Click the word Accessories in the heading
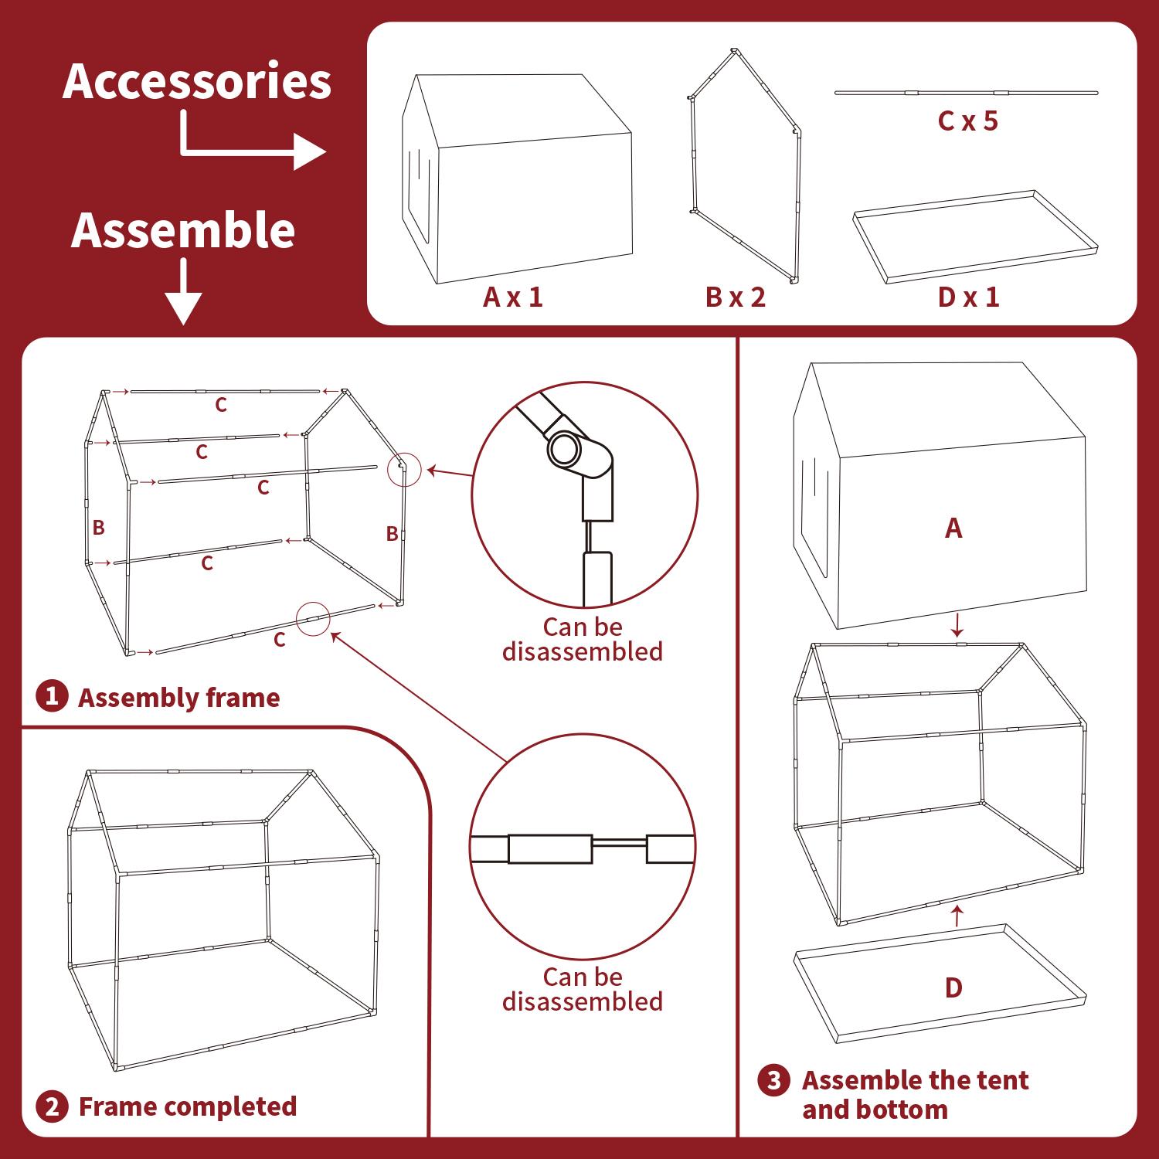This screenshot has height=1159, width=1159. click(197, 82)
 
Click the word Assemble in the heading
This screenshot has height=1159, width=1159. click(183, 230)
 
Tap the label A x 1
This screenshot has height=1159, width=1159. click(513, 297)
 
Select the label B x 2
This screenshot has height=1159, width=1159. click(736, 297)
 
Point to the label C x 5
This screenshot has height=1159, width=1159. click(968, 121)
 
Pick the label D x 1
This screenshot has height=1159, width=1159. click(969, 297)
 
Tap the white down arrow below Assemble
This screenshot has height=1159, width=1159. click(184, 292)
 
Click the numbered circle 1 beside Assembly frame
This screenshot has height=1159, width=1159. click(52, 697)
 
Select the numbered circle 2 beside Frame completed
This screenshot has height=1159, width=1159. click(52, 1106)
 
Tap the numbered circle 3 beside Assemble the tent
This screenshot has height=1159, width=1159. click(773, 1080)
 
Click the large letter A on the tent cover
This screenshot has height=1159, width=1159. click(953, 528)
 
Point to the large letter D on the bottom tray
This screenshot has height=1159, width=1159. click(953, 987)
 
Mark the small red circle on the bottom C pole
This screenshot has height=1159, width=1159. click(313, 618)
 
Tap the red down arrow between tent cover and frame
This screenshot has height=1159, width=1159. click(958, 624)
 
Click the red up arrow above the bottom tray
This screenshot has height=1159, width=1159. click(958, 916)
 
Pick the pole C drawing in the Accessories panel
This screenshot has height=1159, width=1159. click(966, 93)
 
